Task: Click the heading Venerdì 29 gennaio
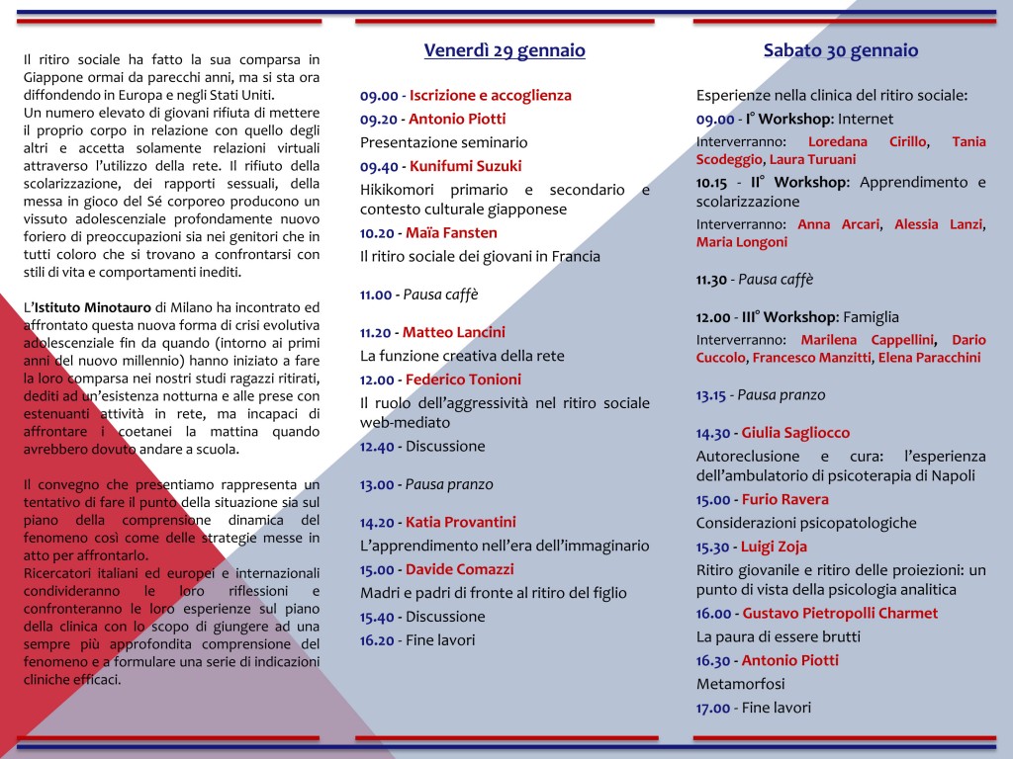pos(505,50)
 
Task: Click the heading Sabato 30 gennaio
pos(841,50)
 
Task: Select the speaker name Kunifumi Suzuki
pos(465,166)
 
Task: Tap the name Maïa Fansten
pos(451,233)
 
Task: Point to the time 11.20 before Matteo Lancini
pos(376,332)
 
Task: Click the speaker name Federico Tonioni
pos(463,379)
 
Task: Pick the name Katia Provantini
pos(461,522)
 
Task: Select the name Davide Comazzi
pos(459,569)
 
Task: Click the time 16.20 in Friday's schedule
pos(376,640)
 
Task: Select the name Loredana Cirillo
pos(868,142)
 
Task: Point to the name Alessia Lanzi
pos(938,224)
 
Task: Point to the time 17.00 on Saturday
pos(713,708)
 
